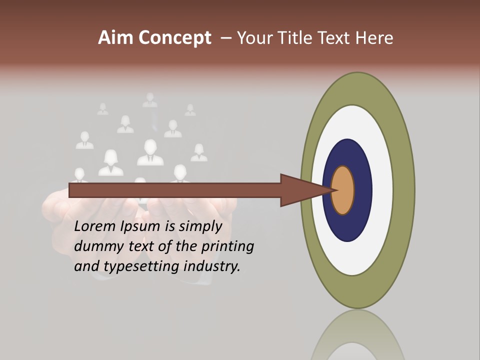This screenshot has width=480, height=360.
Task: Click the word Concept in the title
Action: [174, 38]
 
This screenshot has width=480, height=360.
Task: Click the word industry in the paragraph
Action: [212, 266]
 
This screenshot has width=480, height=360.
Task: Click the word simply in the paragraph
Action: [200, 226]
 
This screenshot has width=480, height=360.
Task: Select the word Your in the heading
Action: [254, 38]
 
